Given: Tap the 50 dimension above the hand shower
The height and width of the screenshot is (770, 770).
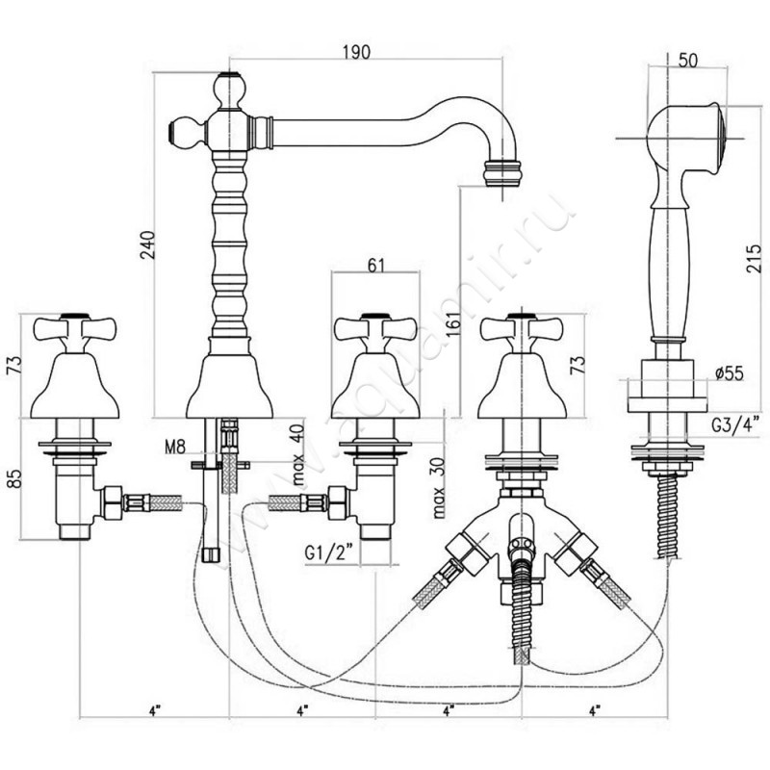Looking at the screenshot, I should [x=687, y=59].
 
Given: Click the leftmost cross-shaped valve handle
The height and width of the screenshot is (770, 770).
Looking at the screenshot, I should [x=65, y=332].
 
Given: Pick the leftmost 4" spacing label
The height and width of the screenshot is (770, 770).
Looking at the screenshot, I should [x=153, y=710].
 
